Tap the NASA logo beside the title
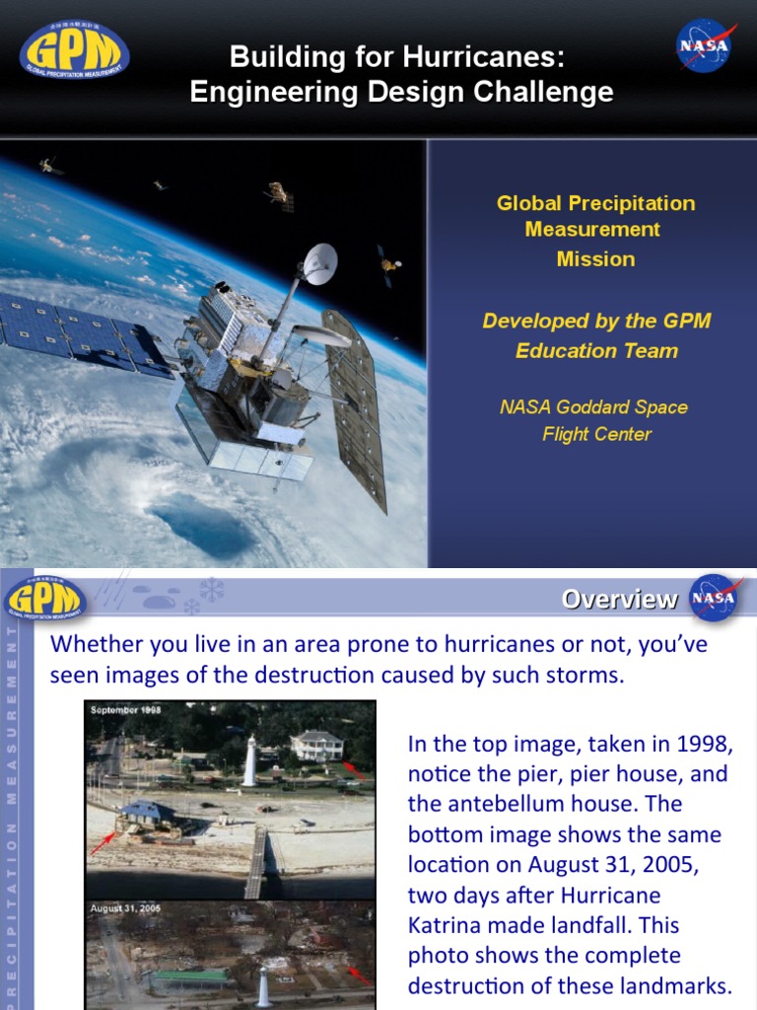tap(704, 47)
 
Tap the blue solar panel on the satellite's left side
tap(84, 330)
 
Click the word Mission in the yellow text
tap(595, 259)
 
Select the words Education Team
tap(596, 351)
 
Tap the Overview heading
tap(619, 599)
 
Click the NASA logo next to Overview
tap(713, 598)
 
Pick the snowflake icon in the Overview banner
tap(210, 590)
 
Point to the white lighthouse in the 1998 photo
tap(249, 760)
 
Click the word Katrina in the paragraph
tap(450, 925)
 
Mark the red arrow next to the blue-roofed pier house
tap(103, 843)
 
